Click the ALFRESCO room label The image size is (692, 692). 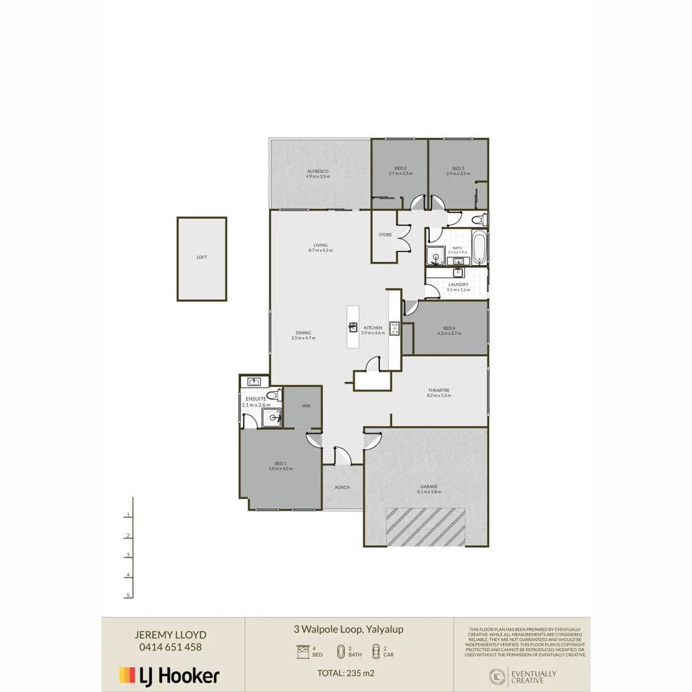coord(318,171)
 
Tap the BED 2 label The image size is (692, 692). coord(400,169)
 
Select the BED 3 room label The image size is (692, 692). coord(458,169)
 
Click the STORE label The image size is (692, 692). coord(385,235)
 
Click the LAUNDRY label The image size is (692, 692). coord(458,284)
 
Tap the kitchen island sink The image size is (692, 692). coord(353,327)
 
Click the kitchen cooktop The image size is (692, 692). coord(395,328)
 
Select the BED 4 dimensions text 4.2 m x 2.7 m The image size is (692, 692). coord(449,333)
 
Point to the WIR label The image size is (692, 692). coord(306,406)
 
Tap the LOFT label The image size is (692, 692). coord(202,258)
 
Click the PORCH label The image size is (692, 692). coord(342,488)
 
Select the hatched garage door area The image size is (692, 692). coord(425,527)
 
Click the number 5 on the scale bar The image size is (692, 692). coord(129,595)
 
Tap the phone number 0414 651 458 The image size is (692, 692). coord(170,647)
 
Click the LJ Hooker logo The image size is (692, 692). coord(170,675)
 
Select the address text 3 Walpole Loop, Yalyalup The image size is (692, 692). coord(349,630)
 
